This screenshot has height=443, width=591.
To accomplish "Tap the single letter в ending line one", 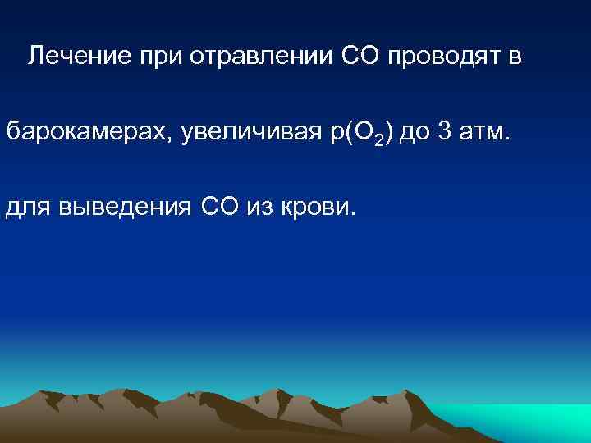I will coord(514,57).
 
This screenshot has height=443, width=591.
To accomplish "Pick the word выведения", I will coord(125,208).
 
